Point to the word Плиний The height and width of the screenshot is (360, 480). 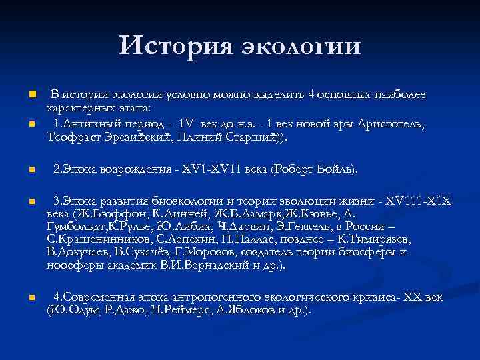(193, 137)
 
